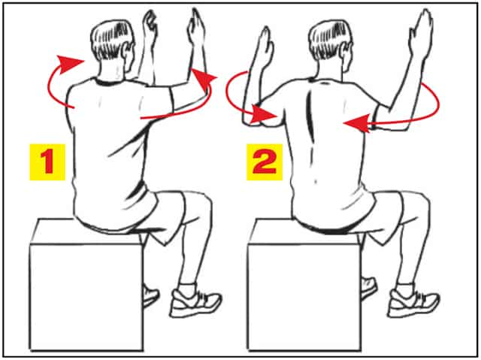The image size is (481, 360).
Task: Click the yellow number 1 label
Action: (47, 162)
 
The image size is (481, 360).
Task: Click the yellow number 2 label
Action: (265, 162)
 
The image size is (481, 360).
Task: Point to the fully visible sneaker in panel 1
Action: (195, 303)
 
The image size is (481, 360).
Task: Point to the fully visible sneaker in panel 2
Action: (413, 303)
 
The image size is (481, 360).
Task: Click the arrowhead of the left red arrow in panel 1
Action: (70, 63)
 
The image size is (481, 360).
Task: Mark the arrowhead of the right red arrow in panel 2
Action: (355, 123)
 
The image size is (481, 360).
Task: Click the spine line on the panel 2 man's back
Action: (311, 116)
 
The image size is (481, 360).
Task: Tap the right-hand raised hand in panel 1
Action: (196, 28)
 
